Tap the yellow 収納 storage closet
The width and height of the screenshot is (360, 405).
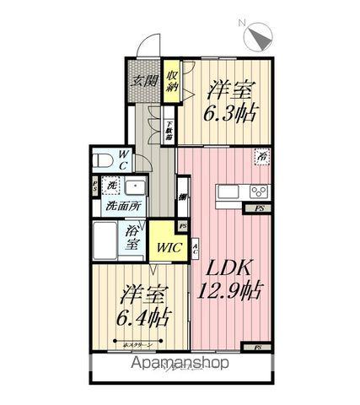171,82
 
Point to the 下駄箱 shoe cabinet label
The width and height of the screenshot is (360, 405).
169,130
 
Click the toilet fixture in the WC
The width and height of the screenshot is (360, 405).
102,159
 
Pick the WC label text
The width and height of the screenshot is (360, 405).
124,159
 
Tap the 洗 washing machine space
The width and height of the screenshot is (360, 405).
110,186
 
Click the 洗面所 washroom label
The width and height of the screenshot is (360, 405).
123,206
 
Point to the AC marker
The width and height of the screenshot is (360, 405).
195,249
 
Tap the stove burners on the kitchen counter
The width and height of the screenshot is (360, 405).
258,189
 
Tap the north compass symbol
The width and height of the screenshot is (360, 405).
258,36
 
